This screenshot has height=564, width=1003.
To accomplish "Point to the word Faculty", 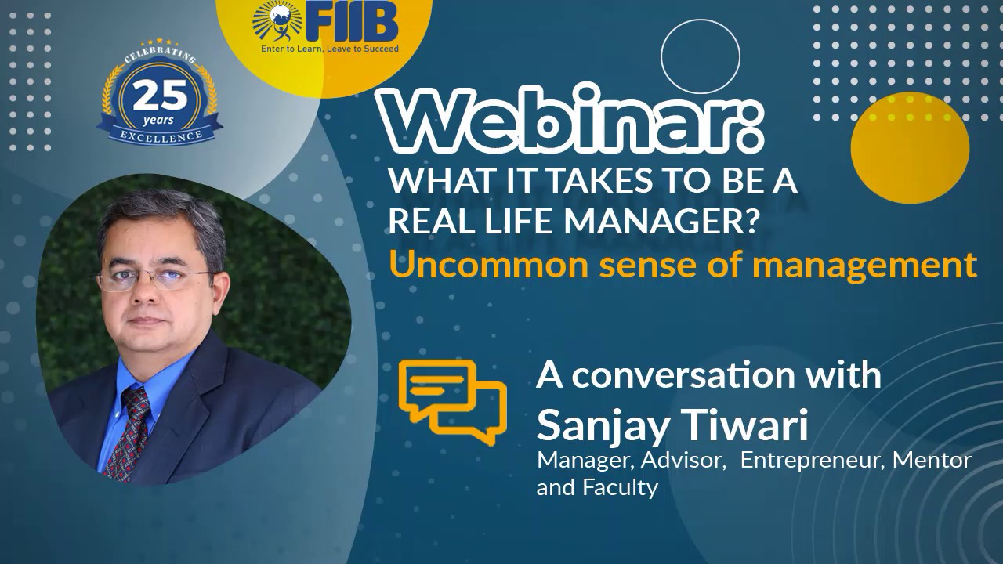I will (x=620, y=487).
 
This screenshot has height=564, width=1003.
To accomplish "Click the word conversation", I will (x=673, y=376).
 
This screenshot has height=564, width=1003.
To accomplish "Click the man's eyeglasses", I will (x=154, y=277).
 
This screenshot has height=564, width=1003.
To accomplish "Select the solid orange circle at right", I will (x=910, y=147).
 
